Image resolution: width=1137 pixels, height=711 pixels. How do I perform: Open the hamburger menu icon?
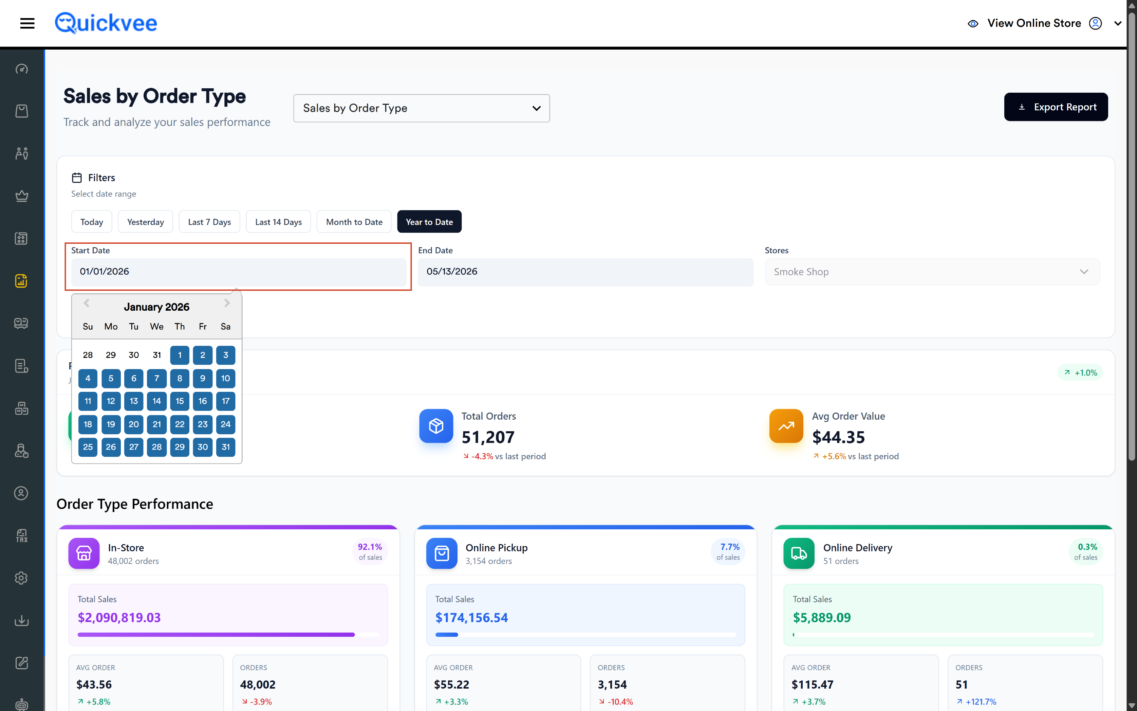click(x=27, y=23)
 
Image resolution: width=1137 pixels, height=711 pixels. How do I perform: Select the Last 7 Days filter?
click(x=209, y=221)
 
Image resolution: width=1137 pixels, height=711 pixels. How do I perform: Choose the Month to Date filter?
click(x=354, y=221)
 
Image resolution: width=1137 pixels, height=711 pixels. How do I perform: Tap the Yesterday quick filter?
click(x=145, y=221)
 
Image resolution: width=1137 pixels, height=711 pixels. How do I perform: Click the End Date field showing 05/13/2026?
click(x=585, y=271)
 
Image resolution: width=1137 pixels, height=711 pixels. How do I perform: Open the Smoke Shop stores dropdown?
click(x=932, y=271)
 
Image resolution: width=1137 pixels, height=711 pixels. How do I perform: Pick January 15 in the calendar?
click(x=180, y=401)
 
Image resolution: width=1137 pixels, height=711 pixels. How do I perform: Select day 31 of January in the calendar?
click(x=226, y=447)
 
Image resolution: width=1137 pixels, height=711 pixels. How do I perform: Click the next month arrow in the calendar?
click(x=227, y=303)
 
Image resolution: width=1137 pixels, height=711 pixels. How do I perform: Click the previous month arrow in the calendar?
click(x=87, y=303)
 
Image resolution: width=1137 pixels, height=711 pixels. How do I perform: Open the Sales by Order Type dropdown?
click(x=421, y=108)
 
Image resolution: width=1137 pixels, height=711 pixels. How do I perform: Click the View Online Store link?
click(x=1033, y=23)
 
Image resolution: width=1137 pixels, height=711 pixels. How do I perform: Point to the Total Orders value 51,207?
click(x=488, y=437)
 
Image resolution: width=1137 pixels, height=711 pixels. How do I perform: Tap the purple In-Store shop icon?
click(x=84, y=553)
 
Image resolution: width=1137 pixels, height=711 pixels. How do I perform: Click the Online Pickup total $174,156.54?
click(x=471, y=617)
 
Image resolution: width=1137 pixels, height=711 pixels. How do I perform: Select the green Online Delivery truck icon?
click(x=799, y=553)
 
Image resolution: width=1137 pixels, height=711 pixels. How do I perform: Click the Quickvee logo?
click(x=106, y=23)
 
